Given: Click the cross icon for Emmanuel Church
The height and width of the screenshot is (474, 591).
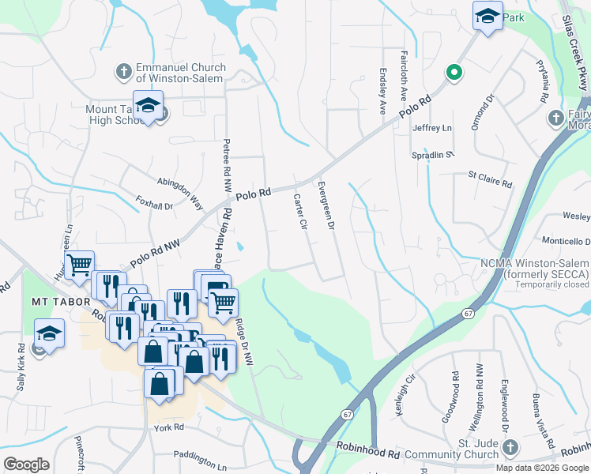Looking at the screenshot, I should pos(123,73).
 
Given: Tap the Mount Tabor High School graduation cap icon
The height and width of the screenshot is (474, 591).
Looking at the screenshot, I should pos(148,106).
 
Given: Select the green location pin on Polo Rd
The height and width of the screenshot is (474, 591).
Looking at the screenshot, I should pos(454,73).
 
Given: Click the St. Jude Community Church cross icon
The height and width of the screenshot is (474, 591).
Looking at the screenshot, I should pos(510,448).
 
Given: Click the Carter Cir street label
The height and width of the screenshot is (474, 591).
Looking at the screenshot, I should pos(299,213).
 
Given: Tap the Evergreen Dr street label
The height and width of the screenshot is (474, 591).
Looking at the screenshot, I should pos(326,205).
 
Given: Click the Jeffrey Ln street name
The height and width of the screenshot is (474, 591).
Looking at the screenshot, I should pos(431,128).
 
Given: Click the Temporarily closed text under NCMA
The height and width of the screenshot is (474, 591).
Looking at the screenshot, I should pos(543,284).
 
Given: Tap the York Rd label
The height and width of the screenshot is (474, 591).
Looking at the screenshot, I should pos(168,427).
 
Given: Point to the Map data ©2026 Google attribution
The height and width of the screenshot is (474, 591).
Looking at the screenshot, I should pos(542,468).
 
